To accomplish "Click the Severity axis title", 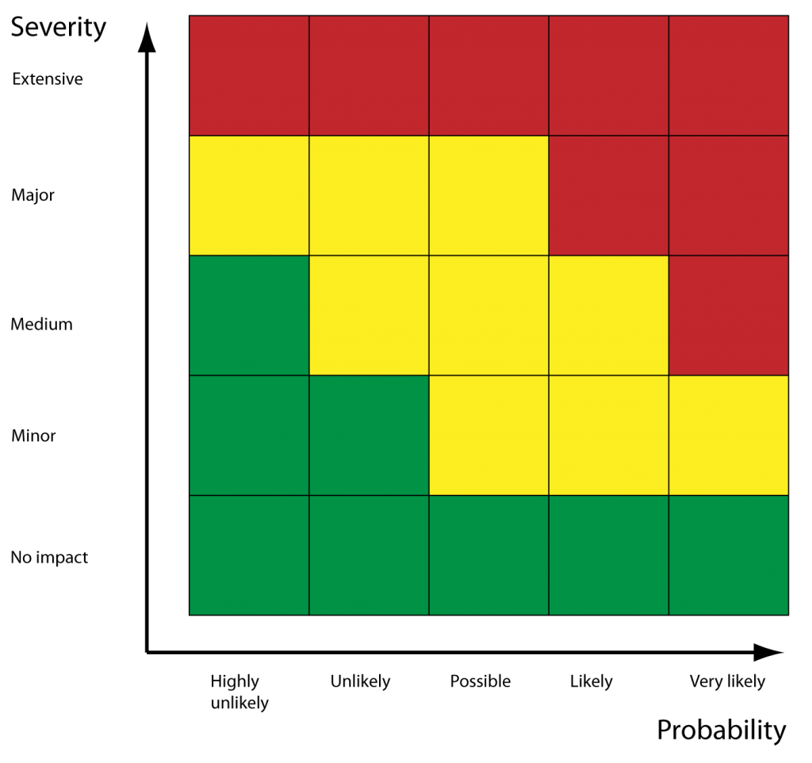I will [x=58, y=28].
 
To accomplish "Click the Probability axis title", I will [x=721, y=730].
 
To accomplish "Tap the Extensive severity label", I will [x=48, y=79].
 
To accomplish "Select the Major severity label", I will [x=33, y=195].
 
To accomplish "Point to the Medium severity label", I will [x=41, y=324].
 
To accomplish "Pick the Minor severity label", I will [x=33, y=435].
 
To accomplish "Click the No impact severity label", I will [x=49, y=558].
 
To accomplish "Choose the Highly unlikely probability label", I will [x=239, y=691].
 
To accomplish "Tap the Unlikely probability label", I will [x=360, y=681].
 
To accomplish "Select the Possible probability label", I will [x=481, y=681].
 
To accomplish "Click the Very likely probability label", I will [x=727, y=681].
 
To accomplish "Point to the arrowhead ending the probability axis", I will [x=768, y=652].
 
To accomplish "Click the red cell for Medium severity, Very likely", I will [x=729, y=315].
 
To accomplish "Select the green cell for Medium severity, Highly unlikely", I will [x=249, y=315].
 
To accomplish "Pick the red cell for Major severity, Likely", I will [x=608, y=195].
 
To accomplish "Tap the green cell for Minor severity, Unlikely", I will [x=369, y=435].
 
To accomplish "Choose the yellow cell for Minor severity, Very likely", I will [x=729, y=435].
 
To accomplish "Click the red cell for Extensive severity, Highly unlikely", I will [x=249, y=75].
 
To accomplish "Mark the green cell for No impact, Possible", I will [x=488, y=554].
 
